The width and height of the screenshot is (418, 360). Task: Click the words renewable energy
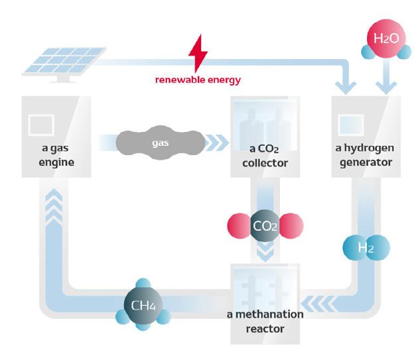coord(198,80)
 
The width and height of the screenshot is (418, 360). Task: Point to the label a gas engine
coord(51,154)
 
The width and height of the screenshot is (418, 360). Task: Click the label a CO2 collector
coord(265,154)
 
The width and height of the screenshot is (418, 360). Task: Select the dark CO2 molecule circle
coord(265,225)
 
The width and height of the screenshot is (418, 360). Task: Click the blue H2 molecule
coord(366,248)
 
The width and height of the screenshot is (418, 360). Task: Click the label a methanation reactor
coord(264,321)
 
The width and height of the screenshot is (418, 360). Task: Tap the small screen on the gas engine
coord(41,123)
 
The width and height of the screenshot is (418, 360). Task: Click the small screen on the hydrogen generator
coord(351,123)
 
